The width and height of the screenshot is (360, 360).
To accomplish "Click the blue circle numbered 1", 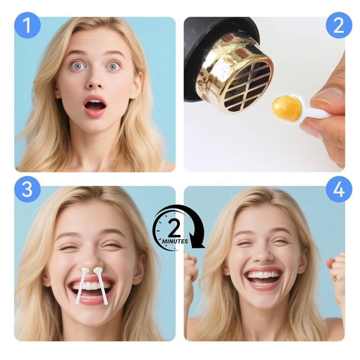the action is (x=27, y=25).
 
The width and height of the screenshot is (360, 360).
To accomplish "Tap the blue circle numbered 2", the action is (x=339, y=25).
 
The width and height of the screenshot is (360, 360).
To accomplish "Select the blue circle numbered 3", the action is (x=27, y=189).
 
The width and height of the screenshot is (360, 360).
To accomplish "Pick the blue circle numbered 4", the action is (x=339, y=189).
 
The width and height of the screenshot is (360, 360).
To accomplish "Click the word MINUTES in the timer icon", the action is (x=175, y=241).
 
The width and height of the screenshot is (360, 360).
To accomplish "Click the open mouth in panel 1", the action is (x=95, y=106).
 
